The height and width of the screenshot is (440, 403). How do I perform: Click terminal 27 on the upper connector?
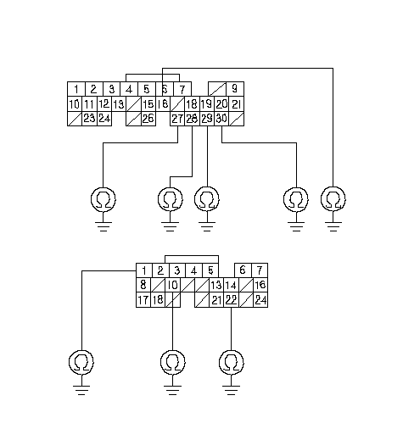(x=177, y=119)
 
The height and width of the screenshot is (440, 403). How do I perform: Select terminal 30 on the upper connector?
(x=221, y=119)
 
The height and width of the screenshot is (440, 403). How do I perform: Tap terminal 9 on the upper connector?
(x=235, y=89)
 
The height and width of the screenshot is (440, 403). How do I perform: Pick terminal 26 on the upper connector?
(x=148, y=119)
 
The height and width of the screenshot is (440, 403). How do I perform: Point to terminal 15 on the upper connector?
(x=148, y=104)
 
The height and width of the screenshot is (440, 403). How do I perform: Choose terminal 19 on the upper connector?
(x=207, y=104)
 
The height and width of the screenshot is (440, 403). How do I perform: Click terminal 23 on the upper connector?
(x=89, y=119)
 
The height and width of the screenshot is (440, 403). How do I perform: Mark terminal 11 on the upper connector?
(x=89, y=104)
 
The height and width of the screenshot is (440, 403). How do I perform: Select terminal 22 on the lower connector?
(x=231, y=300)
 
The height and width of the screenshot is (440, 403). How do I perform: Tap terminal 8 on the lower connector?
(x=143, y=285)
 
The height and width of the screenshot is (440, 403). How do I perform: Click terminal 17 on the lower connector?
(x=143, y=300)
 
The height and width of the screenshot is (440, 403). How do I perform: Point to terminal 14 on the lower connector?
(x=231, y=285)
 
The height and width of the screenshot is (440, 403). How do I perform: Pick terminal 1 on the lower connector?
(x=144, y=270)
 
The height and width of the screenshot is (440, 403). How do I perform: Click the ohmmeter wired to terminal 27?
(x=104, y=199)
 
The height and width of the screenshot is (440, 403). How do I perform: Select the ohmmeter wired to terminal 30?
(x=296, y=199)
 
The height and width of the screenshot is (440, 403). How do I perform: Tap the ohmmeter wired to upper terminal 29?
(x=207, y=199)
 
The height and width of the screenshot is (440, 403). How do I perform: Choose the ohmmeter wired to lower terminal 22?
(x=232, y=363)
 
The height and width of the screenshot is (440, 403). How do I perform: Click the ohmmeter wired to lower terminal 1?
(x=81, y=363)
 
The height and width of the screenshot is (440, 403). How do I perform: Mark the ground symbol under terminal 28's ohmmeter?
(x=170, y=226)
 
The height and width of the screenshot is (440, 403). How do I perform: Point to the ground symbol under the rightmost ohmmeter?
(x=333, y=226)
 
